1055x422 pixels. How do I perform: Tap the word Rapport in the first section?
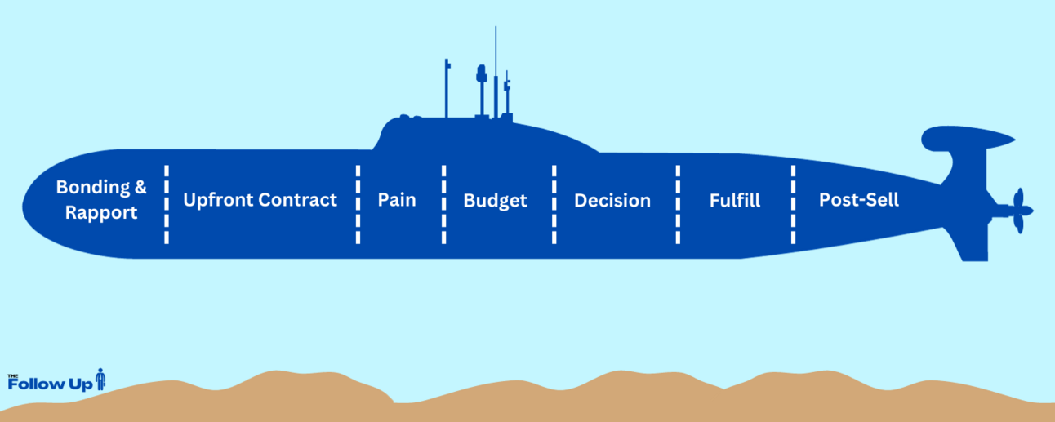[x=101, y=213]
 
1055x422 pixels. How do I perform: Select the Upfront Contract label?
[x=260, y=200]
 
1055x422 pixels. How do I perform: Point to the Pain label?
[x=397, y=200]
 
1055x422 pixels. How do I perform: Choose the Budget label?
[x=495, y=201]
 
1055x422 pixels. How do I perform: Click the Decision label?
[x=612, y=201]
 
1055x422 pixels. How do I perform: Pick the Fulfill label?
[x=735, y=201]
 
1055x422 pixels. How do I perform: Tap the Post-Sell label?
[x=859, y=200]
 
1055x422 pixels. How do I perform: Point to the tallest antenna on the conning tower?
[x=496, y=65]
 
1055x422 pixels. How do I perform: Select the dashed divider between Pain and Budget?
[x=444, y=204]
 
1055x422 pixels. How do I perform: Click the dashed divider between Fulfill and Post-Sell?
[x=793, y=204]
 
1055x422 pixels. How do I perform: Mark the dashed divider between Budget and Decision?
[x=554, y=204]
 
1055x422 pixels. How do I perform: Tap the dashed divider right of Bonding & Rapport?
[x=167, y=204]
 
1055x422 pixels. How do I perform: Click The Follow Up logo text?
[x=49, y=383]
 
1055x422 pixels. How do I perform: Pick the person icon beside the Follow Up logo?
[x=100, y=380]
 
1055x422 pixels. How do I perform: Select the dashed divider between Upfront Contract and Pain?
[x=358, y=204]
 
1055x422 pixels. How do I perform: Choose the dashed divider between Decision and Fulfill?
[x=678, y=204]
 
